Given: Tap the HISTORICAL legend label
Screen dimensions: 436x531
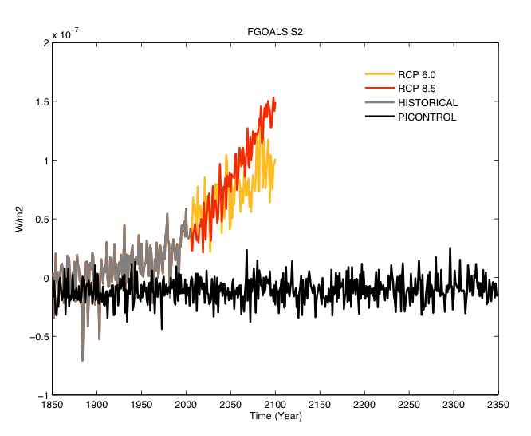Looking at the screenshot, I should [x=428, y=103].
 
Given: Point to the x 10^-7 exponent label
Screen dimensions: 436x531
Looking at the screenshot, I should [x=65, y=34].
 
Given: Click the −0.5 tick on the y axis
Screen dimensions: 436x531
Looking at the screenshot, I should [x=36, y=337].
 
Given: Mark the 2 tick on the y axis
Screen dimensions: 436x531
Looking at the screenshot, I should [x=45, y=43].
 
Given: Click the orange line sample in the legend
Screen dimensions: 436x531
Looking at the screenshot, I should [x=378, y=74].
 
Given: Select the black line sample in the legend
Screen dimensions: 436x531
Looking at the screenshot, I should [x=378, y=117].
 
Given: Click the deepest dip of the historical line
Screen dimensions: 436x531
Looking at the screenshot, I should [x=82, y=360].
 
